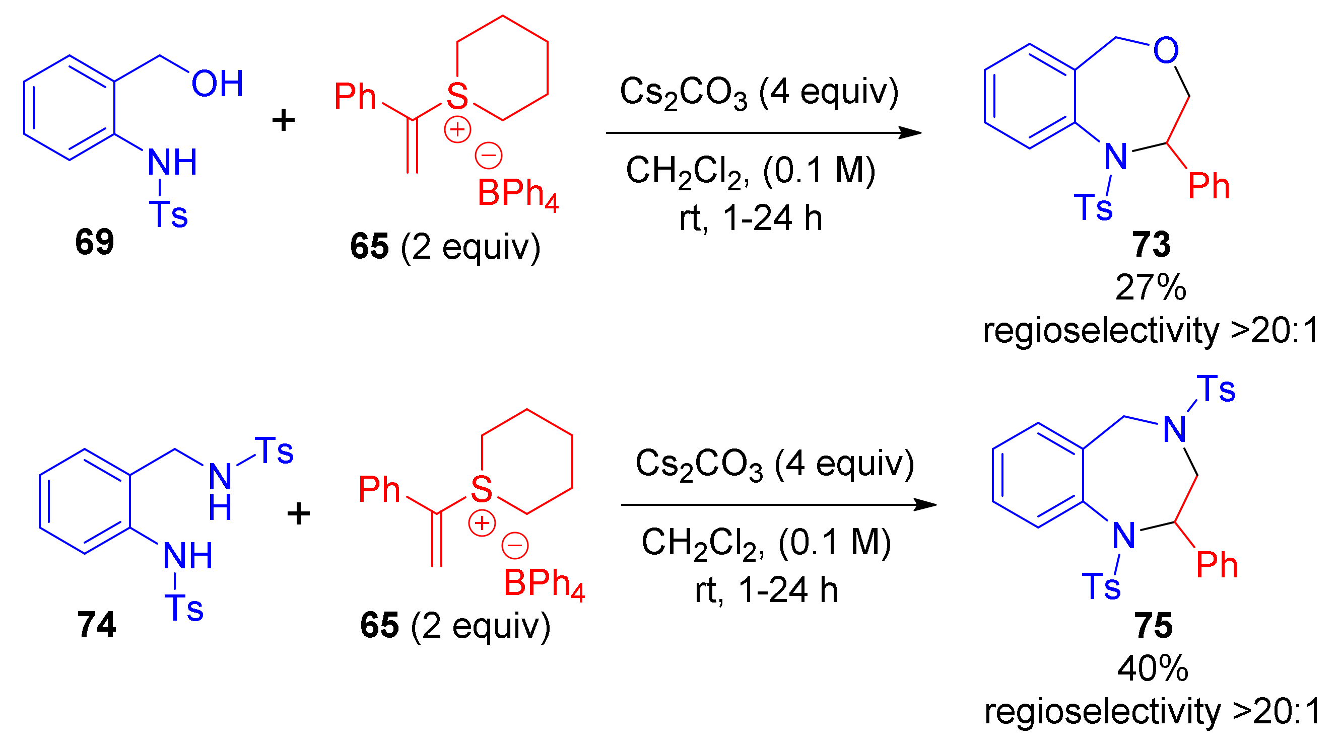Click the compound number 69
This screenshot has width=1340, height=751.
[x=94, y=242]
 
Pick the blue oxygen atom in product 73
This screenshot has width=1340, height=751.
[x=1166, y=50]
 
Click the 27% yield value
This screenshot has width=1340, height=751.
[x=1151, y=287]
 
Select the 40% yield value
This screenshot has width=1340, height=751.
[x=1153, y=668]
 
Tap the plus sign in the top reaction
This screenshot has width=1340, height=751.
[x=284, y=121]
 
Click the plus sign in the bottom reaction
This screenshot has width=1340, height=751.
[x=299, y=514]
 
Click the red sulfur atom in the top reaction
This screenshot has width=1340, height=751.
[x=457, y=96]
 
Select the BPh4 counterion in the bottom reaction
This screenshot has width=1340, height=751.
[x=544, y=584]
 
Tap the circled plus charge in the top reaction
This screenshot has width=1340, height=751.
[x=457, y=130]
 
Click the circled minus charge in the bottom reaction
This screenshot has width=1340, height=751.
[x=514, y=545]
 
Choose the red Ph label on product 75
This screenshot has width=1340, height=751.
[x=1217, y=565]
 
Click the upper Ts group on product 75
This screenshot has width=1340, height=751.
[x=1216, y=389]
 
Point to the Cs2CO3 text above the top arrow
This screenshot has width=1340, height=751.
[x=683, y=93]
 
